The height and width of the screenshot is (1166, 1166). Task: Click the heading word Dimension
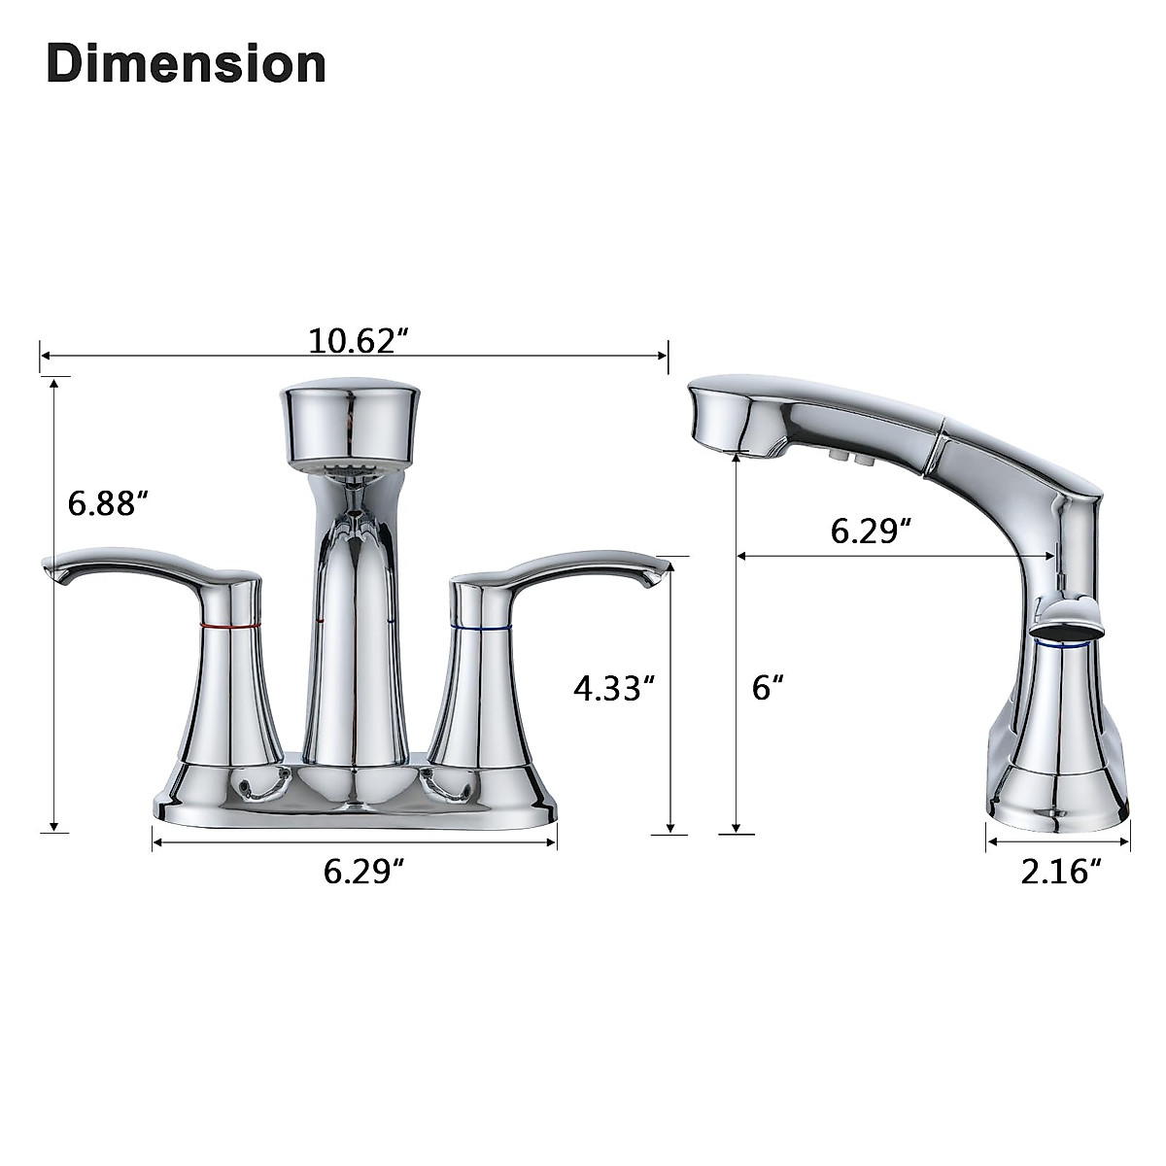(186, 64)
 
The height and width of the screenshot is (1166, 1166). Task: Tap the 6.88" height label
(108, 504)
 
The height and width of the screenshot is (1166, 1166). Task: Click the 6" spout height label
(768, 688)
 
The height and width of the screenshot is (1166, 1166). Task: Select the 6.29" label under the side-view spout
(871, 531)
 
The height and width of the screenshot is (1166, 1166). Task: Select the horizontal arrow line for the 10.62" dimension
(194, 356)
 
